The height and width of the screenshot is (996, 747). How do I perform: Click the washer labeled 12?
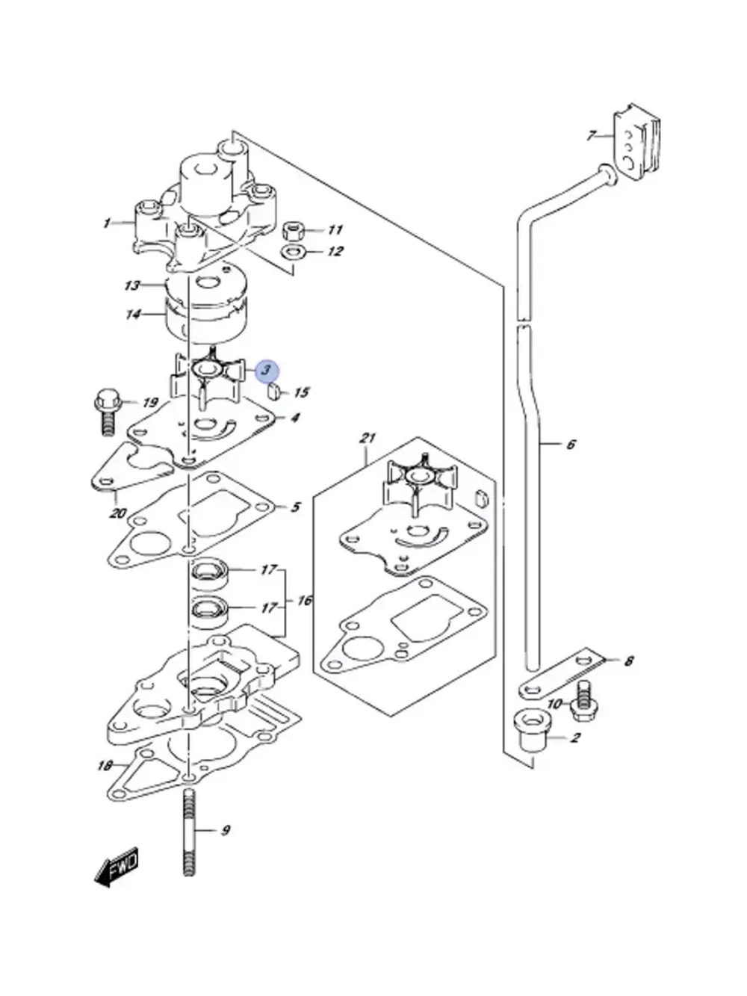point(293,251)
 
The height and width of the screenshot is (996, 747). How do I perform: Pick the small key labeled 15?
point(274,391)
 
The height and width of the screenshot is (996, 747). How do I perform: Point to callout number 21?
point(368,439)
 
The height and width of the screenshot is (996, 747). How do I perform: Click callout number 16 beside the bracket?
point(305,600)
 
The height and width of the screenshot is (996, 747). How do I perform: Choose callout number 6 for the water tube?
point(570,445)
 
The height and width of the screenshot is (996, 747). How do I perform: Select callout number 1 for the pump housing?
point(106,223)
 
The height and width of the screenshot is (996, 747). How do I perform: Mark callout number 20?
point(117,514)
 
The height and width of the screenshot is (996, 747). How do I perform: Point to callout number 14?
point(134,314)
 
